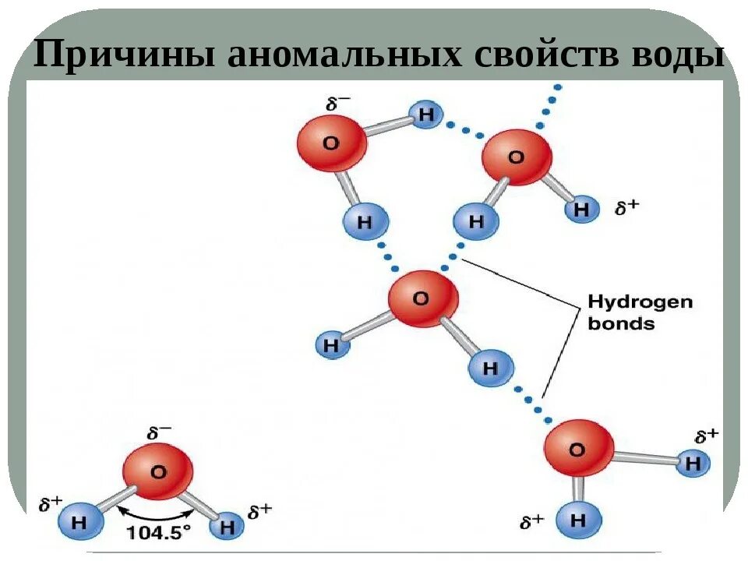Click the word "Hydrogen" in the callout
[x=640, y=302]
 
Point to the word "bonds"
[x=620, y=323]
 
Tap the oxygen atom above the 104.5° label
[x=157, y=471]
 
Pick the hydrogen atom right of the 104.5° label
[x=228, y=526]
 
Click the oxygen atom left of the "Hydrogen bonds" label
[x=421, y=298]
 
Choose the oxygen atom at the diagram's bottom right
[x=577, y=450]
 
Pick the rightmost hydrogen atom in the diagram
[x=693, y=464]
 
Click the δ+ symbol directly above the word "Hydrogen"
[x=627, y=207]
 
